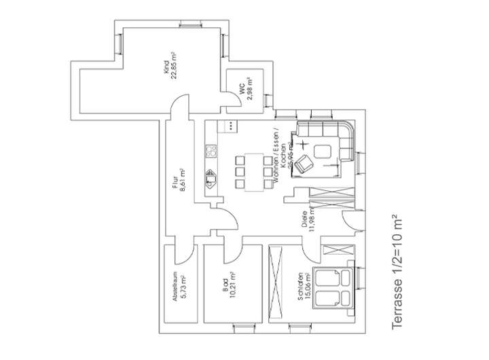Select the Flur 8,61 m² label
coord(179,181)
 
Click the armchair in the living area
coord(306,163)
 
